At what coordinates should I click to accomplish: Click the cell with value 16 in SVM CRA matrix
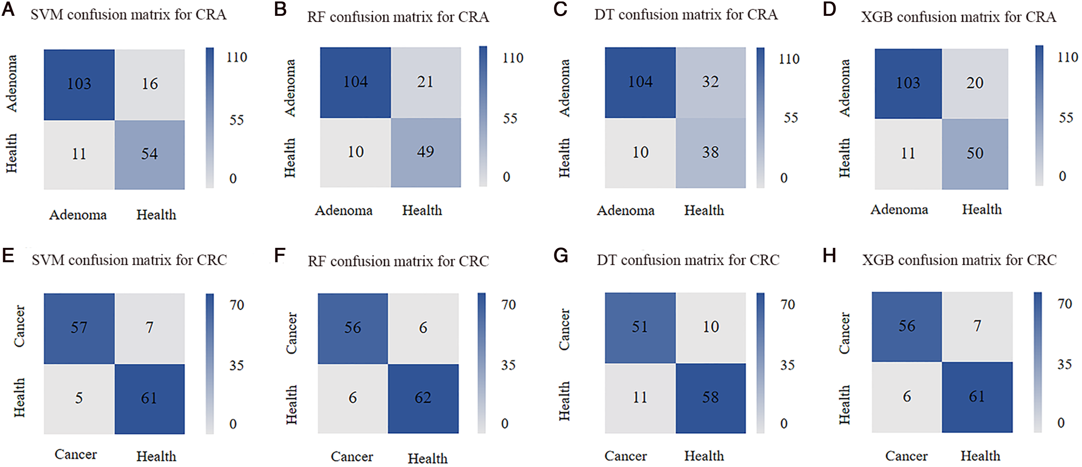150,84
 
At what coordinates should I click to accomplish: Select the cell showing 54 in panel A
150,155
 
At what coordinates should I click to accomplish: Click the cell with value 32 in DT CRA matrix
711,82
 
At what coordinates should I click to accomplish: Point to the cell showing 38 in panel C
711,153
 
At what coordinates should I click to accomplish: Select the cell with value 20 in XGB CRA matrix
975,84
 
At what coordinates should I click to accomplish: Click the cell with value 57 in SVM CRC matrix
79,329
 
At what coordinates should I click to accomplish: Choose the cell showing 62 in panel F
423,398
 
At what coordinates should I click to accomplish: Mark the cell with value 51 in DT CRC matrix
641,328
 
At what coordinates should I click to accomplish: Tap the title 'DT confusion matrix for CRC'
688,260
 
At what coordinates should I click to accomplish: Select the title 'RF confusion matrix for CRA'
398,17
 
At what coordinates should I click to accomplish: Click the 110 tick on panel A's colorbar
237,57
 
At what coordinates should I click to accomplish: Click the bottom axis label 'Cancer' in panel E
76,454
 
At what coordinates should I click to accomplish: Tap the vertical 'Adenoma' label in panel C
564,88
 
